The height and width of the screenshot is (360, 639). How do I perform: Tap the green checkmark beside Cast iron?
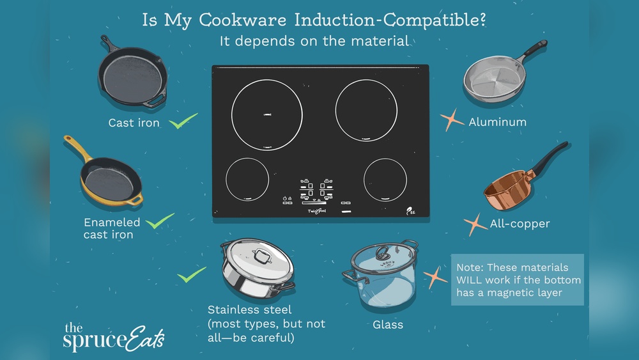183,120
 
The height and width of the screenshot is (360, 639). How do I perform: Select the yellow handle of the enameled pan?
75,151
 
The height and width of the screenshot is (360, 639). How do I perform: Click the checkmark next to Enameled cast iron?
160,222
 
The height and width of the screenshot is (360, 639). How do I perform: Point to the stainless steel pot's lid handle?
261,256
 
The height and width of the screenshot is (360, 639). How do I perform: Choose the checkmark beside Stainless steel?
191,275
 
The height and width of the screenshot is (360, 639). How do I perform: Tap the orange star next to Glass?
435,277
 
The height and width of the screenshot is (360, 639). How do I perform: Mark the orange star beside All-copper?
475,224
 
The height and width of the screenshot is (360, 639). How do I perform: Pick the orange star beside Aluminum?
452,120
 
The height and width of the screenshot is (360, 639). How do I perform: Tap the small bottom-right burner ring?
385,180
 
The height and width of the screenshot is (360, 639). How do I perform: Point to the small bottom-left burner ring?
247,180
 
